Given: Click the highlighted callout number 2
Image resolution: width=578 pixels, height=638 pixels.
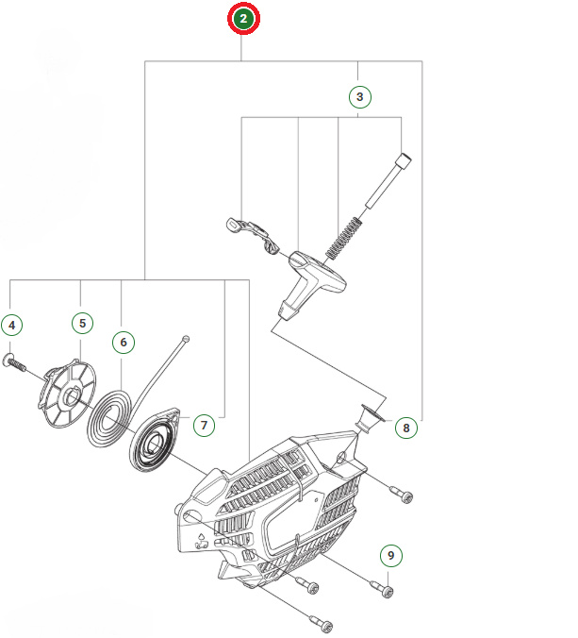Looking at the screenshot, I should pyautogui.click(x=244, y=19).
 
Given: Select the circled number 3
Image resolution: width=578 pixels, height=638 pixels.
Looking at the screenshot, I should pyautogui.click(x=358, y=95).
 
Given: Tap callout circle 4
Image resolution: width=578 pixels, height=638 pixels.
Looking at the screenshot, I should pyautogui.click(x=11, y=326).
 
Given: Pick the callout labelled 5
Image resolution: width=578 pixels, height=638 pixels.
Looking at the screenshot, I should pyautogui.click(x=81, y=323).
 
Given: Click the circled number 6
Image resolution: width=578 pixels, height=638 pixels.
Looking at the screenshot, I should pyautogui.click(x=123, y=341).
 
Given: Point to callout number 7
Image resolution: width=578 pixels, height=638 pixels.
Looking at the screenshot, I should pyautogui.click(x=204, y=425).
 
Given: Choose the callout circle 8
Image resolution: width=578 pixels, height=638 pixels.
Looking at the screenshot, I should pyautogui.click(x=405, y=428).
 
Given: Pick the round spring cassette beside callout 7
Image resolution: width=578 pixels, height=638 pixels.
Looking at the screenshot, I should pyautogui.click(x=157, y=440).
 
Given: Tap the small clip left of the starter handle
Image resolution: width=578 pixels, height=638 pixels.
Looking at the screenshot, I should pyautogui.click(x=253, y=233).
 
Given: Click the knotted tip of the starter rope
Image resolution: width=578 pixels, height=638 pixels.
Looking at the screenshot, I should pyautogui.click(x=187, y=337).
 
